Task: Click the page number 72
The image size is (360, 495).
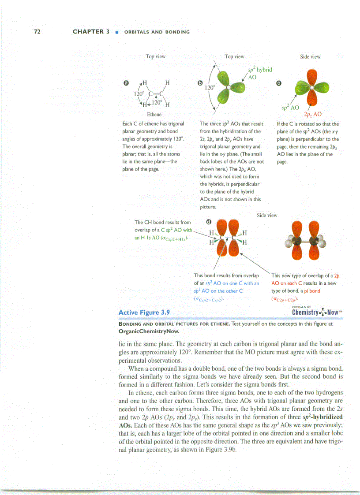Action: coord(37,32)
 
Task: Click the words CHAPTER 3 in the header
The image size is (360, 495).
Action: coord(91,32)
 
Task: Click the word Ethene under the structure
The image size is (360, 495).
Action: coord(154,114)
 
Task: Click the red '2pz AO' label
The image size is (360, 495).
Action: coord(313,113)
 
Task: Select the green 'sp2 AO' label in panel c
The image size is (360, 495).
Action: coord(290,107)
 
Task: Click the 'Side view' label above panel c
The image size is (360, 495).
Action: coord(310,56)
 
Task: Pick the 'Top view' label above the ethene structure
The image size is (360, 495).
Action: coord(155,56)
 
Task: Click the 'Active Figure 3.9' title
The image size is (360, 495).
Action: coord(144,313)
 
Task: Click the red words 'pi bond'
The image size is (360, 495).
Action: coord(311,291)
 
